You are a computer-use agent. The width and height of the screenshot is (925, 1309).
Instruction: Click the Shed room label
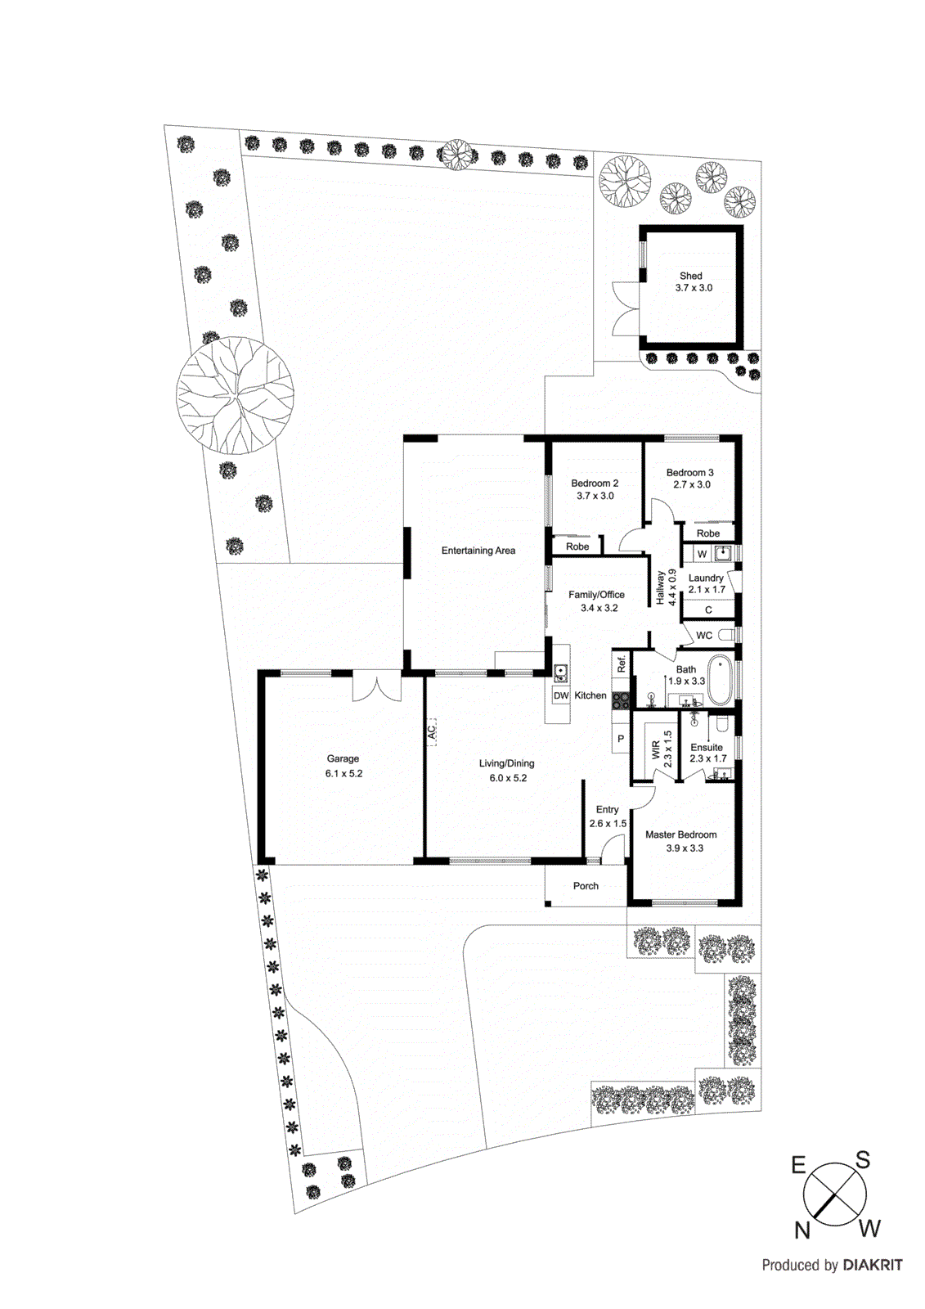tap(691, 276)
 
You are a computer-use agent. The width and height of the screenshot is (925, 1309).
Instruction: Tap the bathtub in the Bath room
tap(720, 679)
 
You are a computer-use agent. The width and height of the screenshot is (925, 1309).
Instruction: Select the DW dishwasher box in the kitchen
tap(561, 696)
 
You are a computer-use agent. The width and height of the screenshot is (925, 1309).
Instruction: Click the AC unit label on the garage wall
tap(432, 731)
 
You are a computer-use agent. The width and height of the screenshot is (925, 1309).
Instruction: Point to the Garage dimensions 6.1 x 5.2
tap(344, 773)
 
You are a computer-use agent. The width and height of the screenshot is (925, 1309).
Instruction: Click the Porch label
tap(586, 886)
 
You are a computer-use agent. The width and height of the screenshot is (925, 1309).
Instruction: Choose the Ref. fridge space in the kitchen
tap(622, 663)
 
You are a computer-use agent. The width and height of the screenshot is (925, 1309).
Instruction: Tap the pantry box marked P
tap(621, 739)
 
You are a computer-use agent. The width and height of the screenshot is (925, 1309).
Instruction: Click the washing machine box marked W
tap(702, 554)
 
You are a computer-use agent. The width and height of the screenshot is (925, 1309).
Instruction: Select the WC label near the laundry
tap(704, 635)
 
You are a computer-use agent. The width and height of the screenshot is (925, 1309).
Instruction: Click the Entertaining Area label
tap(478, 551)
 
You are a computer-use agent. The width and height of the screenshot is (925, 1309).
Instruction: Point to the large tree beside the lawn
tap(236, 395)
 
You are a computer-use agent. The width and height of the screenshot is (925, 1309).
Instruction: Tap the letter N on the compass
tap(802, 1230)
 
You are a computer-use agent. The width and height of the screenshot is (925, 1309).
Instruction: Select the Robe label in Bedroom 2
tap(577, 547)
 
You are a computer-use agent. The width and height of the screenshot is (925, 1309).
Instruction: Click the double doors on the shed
tap(626, 308)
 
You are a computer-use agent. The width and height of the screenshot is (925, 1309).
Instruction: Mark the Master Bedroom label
tap(680, 834)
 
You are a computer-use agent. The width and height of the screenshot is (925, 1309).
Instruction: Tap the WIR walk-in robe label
tap(656, 749)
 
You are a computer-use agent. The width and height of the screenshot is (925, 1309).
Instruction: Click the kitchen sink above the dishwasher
tap(561, 674)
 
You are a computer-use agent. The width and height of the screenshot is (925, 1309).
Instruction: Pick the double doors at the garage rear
tap(377, 686)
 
